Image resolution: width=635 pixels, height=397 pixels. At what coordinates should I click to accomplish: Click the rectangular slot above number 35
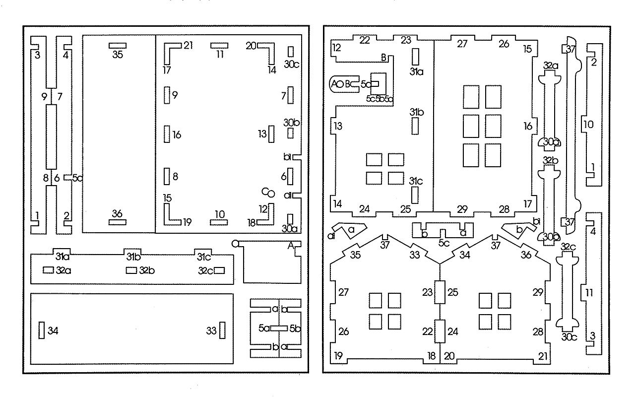coord(118,46)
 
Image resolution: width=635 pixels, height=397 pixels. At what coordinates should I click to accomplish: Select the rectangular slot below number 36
coord(118,222)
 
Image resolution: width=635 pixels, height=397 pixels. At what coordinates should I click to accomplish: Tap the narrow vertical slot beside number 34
coord(42,330)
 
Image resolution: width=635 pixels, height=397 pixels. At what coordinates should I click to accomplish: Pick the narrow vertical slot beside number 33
coord(223,330)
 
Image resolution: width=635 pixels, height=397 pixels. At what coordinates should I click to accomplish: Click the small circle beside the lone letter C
coord(271,194)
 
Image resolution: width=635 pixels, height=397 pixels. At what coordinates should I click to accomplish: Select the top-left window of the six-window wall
coord(471,97)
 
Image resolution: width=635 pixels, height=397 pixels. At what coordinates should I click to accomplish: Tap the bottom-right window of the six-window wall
coord(493,155)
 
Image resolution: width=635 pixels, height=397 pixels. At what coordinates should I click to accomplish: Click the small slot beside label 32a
coord(48,270)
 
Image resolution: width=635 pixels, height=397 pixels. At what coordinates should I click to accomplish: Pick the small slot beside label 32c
coord(219,270)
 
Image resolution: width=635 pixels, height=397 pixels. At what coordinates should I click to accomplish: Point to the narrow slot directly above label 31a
coord(415,57)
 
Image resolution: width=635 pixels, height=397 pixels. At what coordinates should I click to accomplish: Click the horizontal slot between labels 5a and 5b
coord(279,329)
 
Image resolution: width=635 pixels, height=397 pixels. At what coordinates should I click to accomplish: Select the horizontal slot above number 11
coord(219,46)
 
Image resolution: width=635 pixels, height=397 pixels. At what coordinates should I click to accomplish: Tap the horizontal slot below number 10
coord(219,223)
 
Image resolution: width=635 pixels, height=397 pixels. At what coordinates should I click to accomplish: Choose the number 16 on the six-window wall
coord(528,126)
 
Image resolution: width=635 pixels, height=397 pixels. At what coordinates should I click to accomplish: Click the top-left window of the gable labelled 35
coord(376,300)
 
